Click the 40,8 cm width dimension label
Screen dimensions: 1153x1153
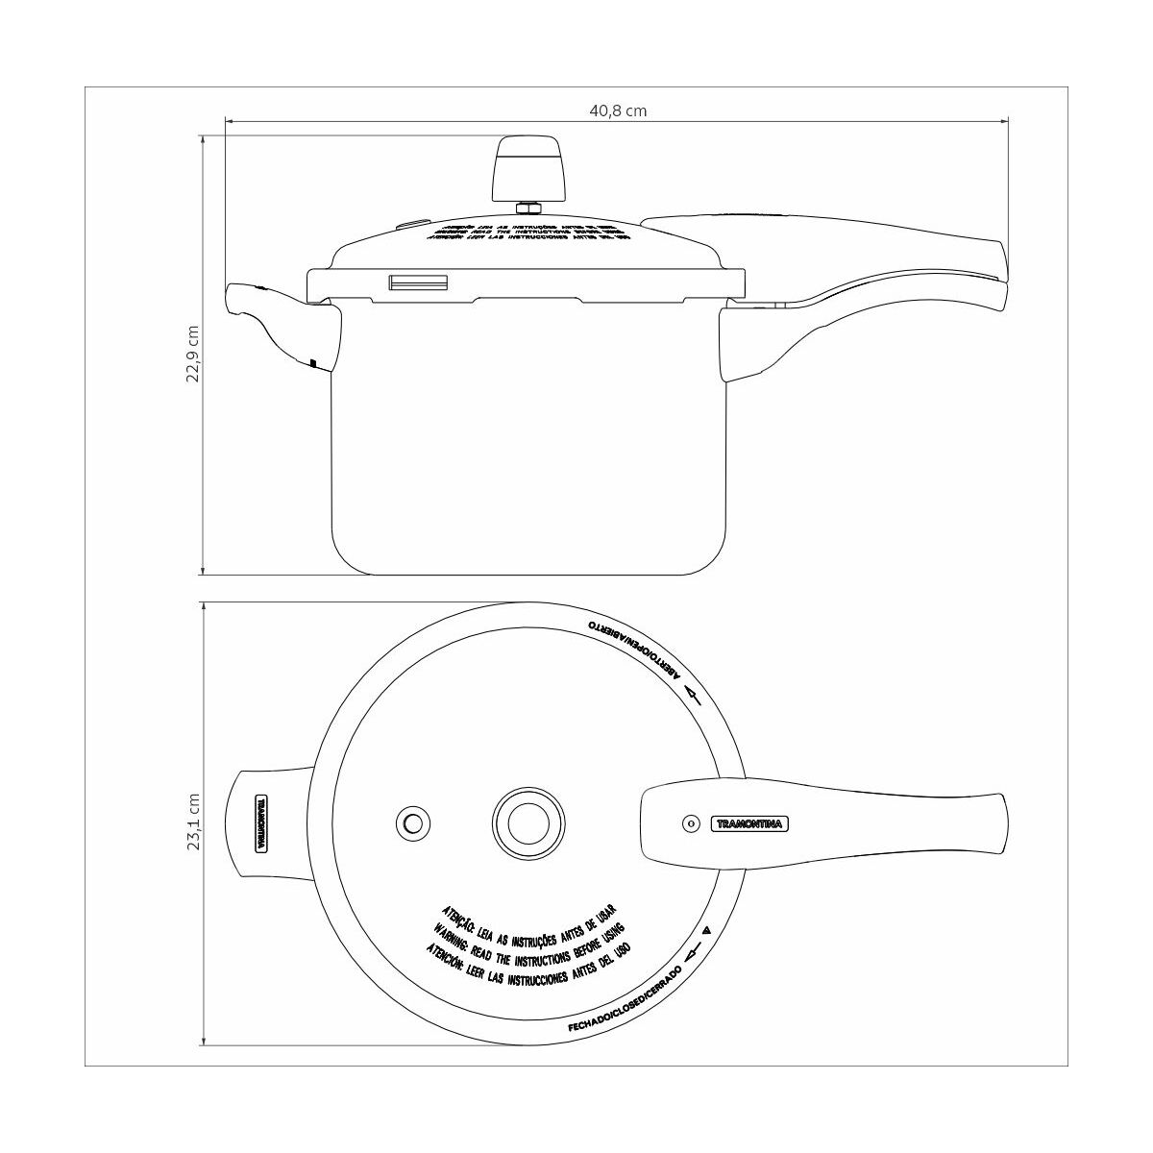tap(618, 110)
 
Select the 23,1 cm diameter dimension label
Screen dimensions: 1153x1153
tap(194, 822)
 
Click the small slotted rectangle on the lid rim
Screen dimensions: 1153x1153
tap(418, 282)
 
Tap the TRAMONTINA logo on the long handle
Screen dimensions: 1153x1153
tap(748, 823)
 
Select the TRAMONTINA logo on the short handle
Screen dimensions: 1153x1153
tap(260, 823)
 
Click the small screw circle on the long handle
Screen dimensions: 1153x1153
tap(689, 823)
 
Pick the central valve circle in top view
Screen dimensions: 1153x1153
tap(527, 823)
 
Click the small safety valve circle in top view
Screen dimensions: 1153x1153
tap(411, 823)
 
